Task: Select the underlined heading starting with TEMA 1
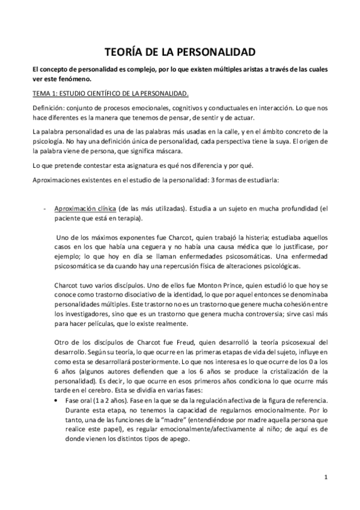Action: (111, 93)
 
